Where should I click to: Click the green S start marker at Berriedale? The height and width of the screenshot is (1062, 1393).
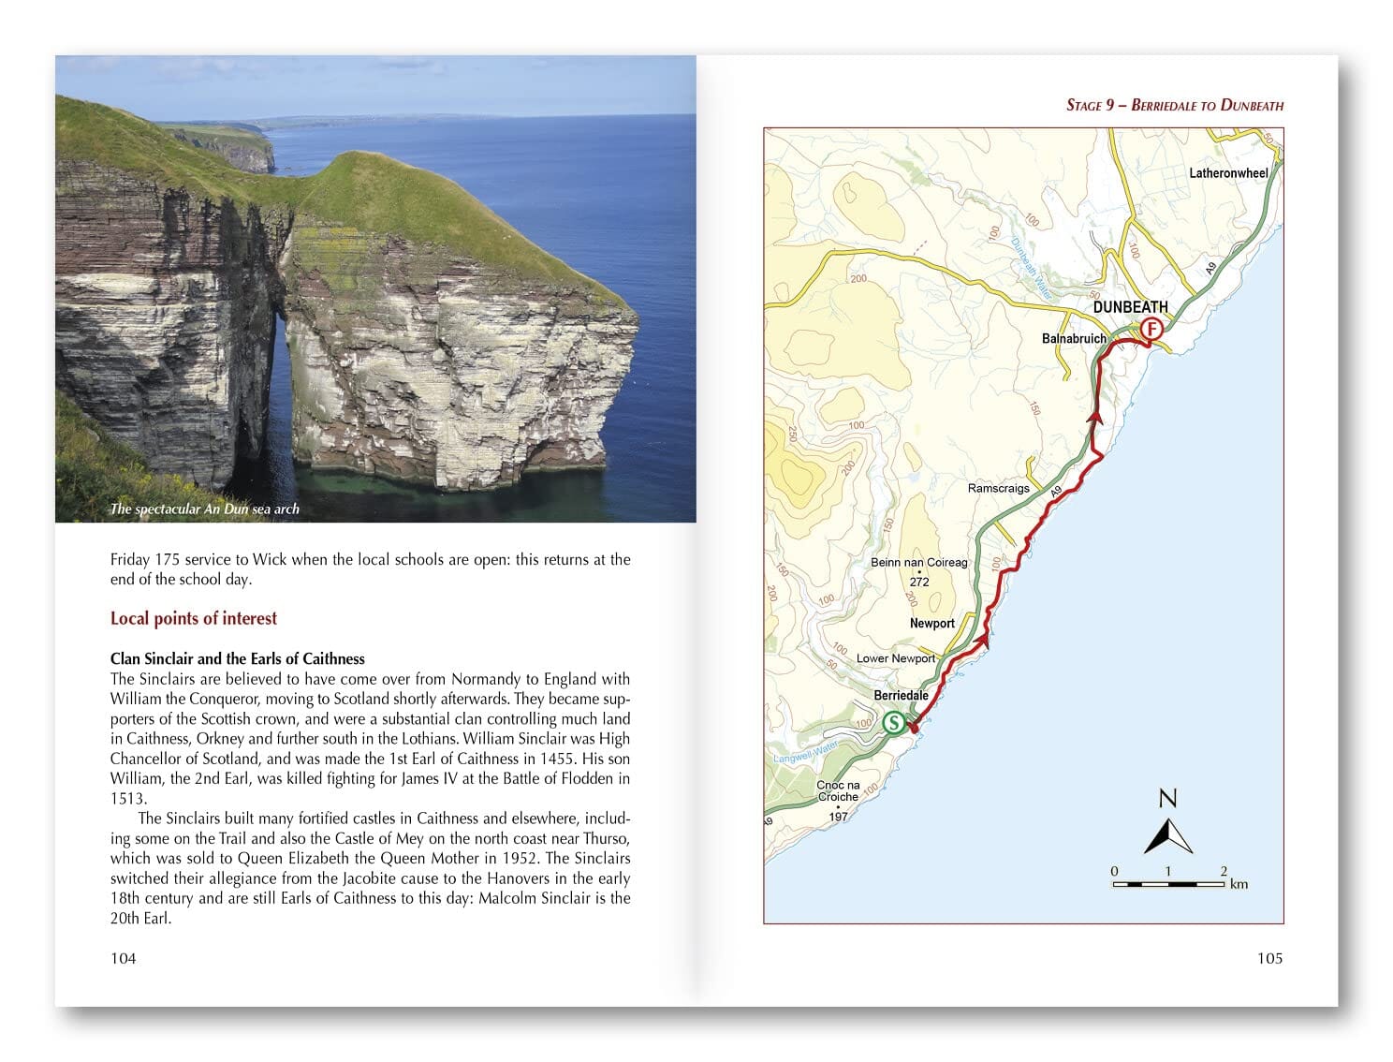click(x=893, y=723)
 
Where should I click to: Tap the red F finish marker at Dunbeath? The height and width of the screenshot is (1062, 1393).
click(x=1151, y=329)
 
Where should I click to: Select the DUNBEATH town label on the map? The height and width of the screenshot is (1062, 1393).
click(x=1130, y=307)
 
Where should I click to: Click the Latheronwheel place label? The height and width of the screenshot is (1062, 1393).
click(x=1228, y=173)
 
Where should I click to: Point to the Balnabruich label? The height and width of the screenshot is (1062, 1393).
click(x=1074, y=339)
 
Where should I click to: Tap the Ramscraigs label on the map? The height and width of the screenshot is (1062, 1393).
click(x=998, y=488)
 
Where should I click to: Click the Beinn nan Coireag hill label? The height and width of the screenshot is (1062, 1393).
click(x=918, y=562)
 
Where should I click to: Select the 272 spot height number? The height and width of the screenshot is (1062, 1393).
click(x=919, y=582)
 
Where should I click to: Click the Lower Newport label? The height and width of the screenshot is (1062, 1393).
click(x=895, y=658)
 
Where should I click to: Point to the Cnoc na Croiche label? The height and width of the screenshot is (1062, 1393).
click(x=838, y=790)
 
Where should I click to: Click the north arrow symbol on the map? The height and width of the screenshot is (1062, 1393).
click(x=1167, y=833)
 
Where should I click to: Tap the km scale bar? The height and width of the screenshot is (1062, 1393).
click(x=1169, y=883)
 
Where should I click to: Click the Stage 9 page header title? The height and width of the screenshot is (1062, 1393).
click(x=1174, y=105)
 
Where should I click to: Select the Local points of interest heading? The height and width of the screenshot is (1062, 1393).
click(x=194, y=618)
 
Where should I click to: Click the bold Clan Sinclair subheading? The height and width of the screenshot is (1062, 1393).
click(x=237, y=658)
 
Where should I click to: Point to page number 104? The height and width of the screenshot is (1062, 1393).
click(x=124, y=957)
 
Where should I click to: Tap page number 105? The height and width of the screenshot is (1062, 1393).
click(x=1269, y=957)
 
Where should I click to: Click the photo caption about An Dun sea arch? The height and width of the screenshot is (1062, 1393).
click(x=204, y=509)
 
